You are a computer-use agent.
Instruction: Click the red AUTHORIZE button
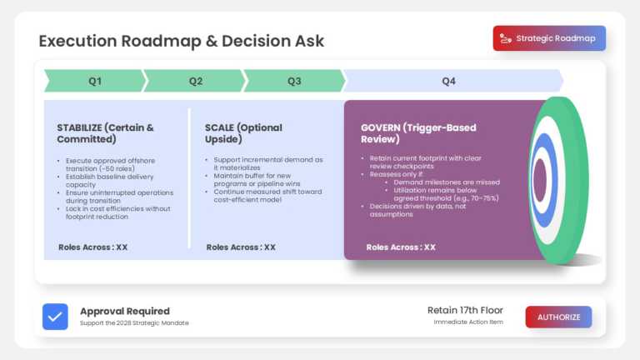click(558, 317)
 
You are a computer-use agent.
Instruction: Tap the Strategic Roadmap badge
click(549, 38)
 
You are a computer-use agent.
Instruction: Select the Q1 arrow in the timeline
click(95, 81)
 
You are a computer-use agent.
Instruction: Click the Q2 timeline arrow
click(195, 81)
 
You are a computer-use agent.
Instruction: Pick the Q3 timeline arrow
click(294, 81)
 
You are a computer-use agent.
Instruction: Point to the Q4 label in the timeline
click(449, 81)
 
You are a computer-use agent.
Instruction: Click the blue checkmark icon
click(55, 317)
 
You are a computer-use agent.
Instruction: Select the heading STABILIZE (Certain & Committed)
click(104, 134)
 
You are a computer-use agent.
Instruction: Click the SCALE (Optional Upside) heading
click(243, 134)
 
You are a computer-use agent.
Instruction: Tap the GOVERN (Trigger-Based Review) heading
click(418, 134)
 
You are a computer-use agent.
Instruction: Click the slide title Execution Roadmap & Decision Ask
click(182, 41)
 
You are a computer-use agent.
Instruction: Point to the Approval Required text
click(124, 311)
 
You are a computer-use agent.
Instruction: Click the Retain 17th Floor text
click(465, 310)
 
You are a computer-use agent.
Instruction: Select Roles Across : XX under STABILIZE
click(92, 247)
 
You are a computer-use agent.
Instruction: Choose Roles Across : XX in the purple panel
click(401, 247)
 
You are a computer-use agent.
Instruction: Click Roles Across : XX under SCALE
click(241, 247)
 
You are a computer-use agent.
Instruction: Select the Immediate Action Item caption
click(468, 322)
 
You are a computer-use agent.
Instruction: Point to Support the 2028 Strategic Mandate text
click(134, 323)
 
